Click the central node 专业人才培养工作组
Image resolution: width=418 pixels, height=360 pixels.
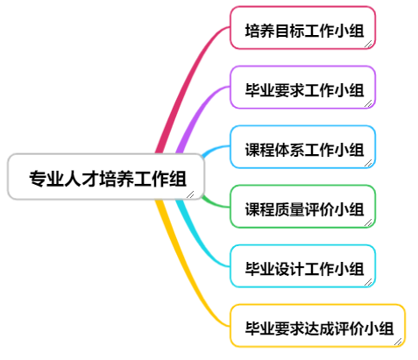[106, 177]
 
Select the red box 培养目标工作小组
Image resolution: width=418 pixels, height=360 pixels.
[302, 28]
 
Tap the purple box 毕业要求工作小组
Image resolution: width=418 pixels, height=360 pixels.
[302, 88]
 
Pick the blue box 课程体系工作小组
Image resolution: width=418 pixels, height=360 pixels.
[302, 147]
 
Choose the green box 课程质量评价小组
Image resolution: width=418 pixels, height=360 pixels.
[302, 207]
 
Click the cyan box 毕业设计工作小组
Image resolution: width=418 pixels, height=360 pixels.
[302, 266]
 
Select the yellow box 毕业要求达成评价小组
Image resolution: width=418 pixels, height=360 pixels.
[317, 326]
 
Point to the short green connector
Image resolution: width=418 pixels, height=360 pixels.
[216, 203]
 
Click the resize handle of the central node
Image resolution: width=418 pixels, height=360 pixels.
[190, 194]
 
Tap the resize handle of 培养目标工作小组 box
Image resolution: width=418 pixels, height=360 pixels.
[368, 44]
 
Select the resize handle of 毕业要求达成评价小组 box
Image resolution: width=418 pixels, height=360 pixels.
[398, 342]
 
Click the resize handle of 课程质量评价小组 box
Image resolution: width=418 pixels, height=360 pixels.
[368, 222]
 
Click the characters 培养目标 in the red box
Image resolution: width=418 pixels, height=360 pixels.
[274, 31]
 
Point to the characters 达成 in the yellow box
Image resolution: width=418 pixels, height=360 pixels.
[319, 328]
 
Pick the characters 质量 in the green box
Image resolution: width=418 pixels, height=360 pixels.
[289, 209]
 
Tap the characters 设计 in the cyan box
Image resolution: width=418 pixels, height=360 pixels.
[289, 269]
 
